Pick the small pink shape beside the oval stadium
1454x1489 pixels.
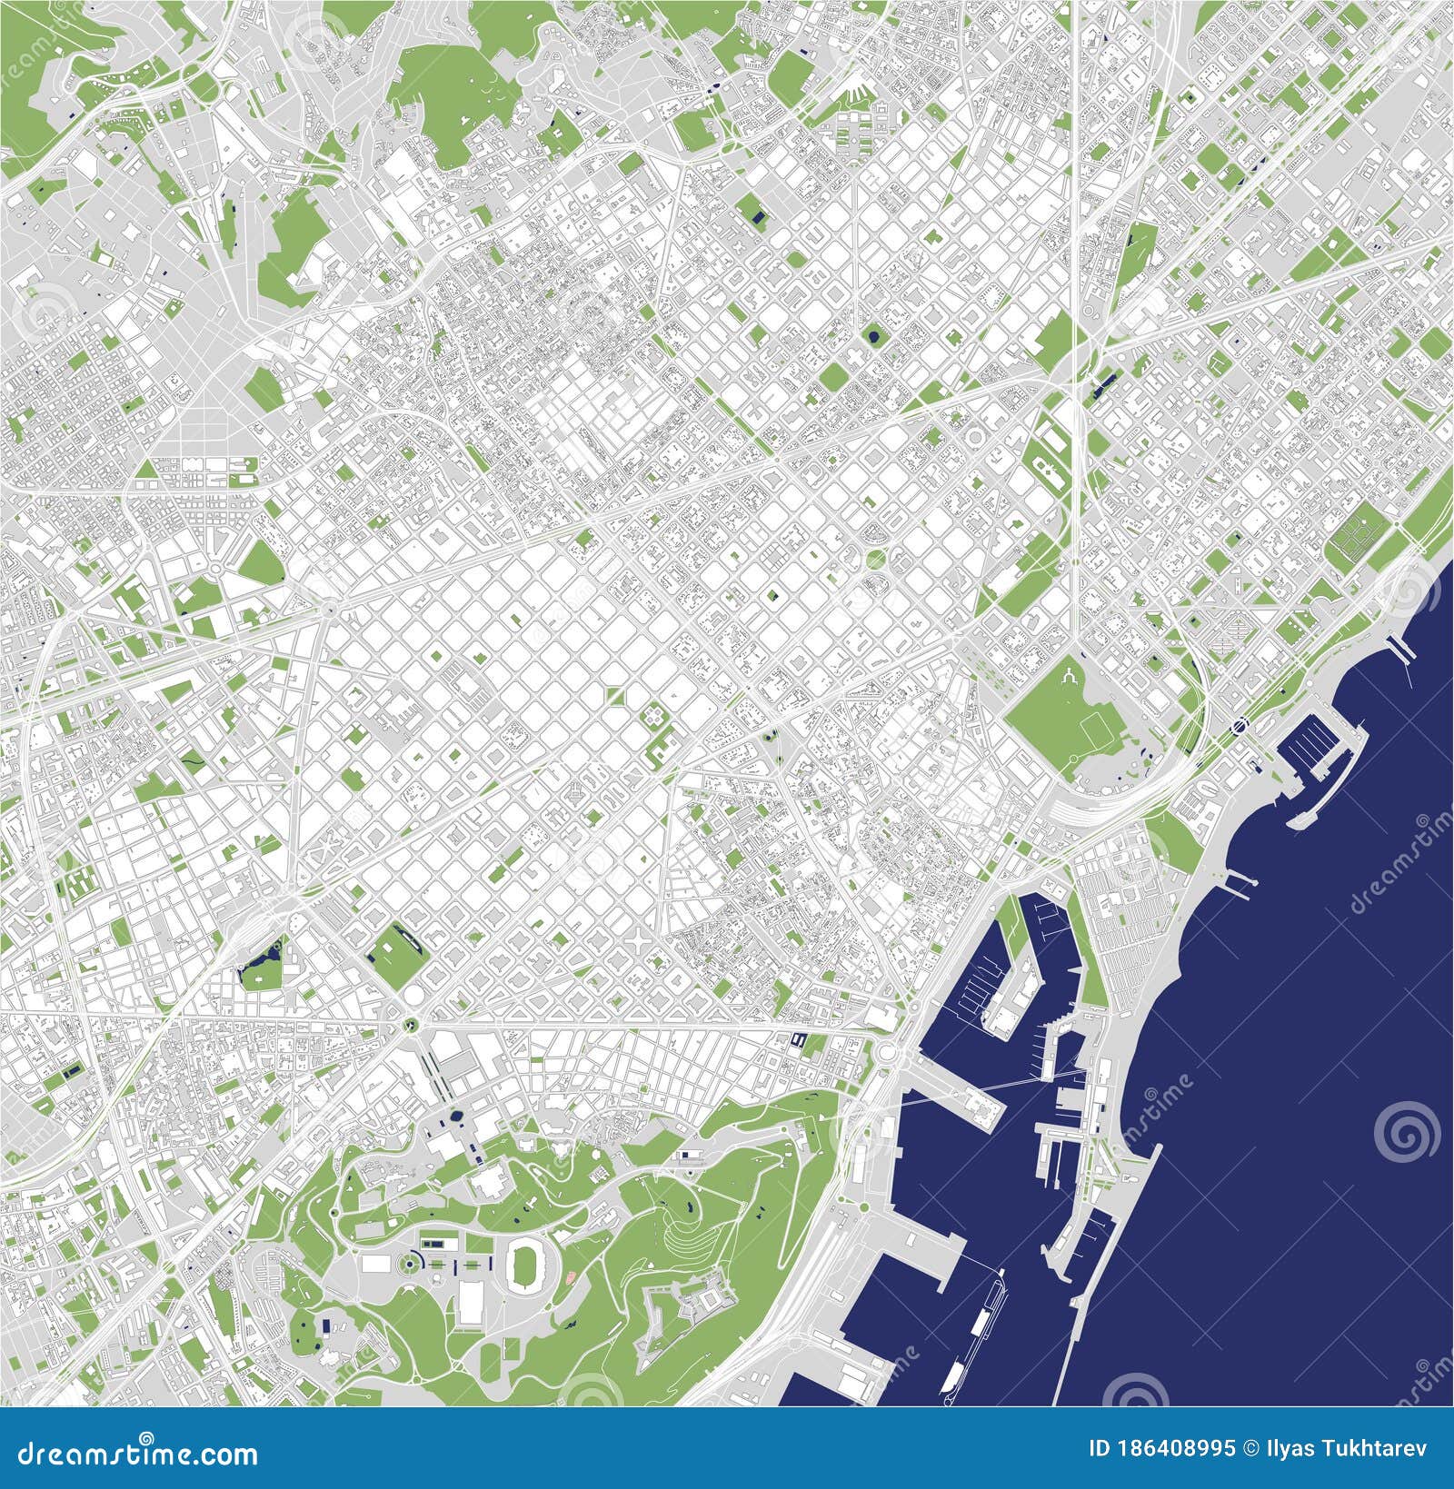tap(570, 1276)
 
